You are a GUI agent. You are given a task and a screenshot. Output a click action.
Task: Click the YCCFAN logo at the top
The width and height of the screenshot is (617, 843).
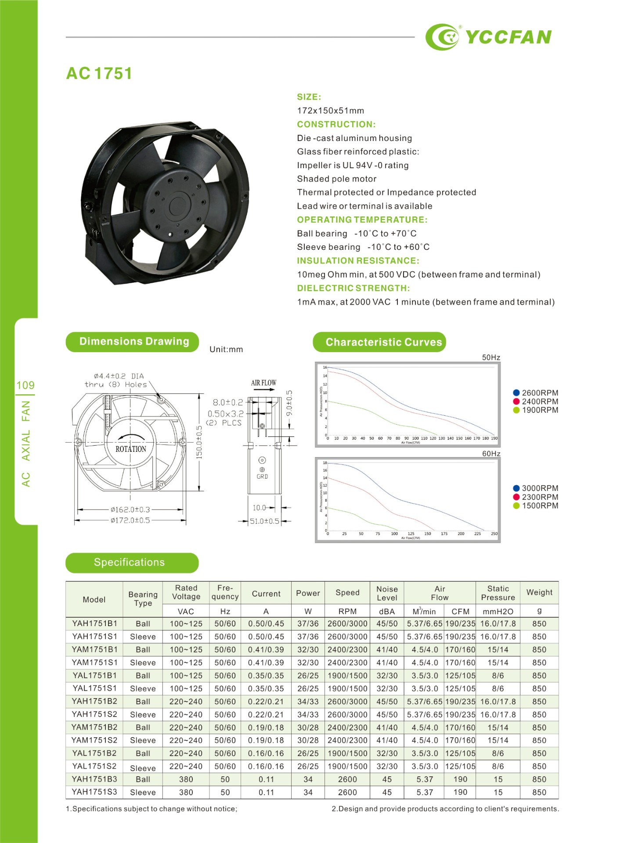(488, 37)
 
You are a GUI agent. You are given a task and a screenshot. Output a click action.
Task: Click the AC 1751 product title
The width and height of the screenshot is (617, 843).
(99, 73)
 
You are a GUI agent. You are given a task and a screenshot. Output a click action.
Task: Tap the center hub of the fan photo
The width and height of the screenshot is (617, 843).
(177, 204)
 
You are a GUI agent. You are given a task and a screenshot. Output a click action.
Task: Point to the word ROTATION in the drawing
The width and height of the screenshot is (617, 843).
(131, 449)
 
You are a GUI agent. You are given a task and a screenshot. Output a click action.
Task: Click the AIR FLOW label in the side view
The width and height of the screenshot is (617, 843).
(263, 383)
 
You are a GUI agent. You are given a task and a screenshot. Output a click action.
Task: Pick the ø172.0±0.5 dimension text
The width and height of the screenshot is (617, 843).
(130, 520)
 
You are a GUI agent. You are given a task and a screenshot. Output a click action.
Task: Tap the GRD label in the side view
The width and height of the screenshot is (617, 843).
(262, 476)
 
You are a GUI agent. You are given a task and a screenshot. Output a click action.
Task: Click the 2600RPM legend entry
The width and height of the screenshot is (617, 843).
(536, 393)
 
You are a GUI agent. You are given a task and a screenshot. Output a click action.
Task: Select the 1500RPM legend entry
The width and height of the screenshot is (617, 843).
(536, 506)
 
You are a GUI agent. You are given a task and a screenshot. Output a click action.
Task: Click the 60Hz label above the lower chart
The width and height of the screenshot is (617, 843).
(491, 454)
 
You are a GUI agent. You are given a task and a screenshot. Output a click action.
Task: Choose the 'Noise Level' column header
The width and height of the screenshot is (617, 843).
(387, 593)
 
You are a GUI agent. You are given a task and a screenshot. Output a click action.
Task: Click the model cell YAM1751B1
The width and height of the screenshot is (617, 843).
(94, 649)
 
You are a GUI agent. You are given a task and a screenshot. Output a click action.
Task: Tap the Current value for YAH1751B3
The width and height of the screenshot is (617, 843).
(266, 779)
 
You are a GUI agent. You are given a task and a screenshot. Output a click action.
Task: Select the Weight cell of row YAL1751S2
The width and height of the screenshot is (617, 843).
(539, 766)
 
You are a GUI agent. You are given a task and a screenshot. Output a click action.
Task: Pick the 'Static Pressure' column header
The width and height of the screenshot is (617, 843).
(498, 593)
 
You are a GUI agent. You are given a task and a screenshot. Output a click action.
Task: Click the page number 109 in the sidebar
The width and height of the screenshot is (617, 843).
(25, 385)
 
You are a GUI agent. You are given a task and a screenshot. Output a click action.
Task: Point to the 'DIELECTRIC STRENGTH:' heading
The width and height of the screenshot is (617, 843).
(353, 288)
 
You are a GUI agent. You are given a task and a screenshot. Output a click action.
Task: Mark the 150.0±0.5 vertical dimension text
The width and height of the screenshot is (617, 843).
(199, 442)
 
